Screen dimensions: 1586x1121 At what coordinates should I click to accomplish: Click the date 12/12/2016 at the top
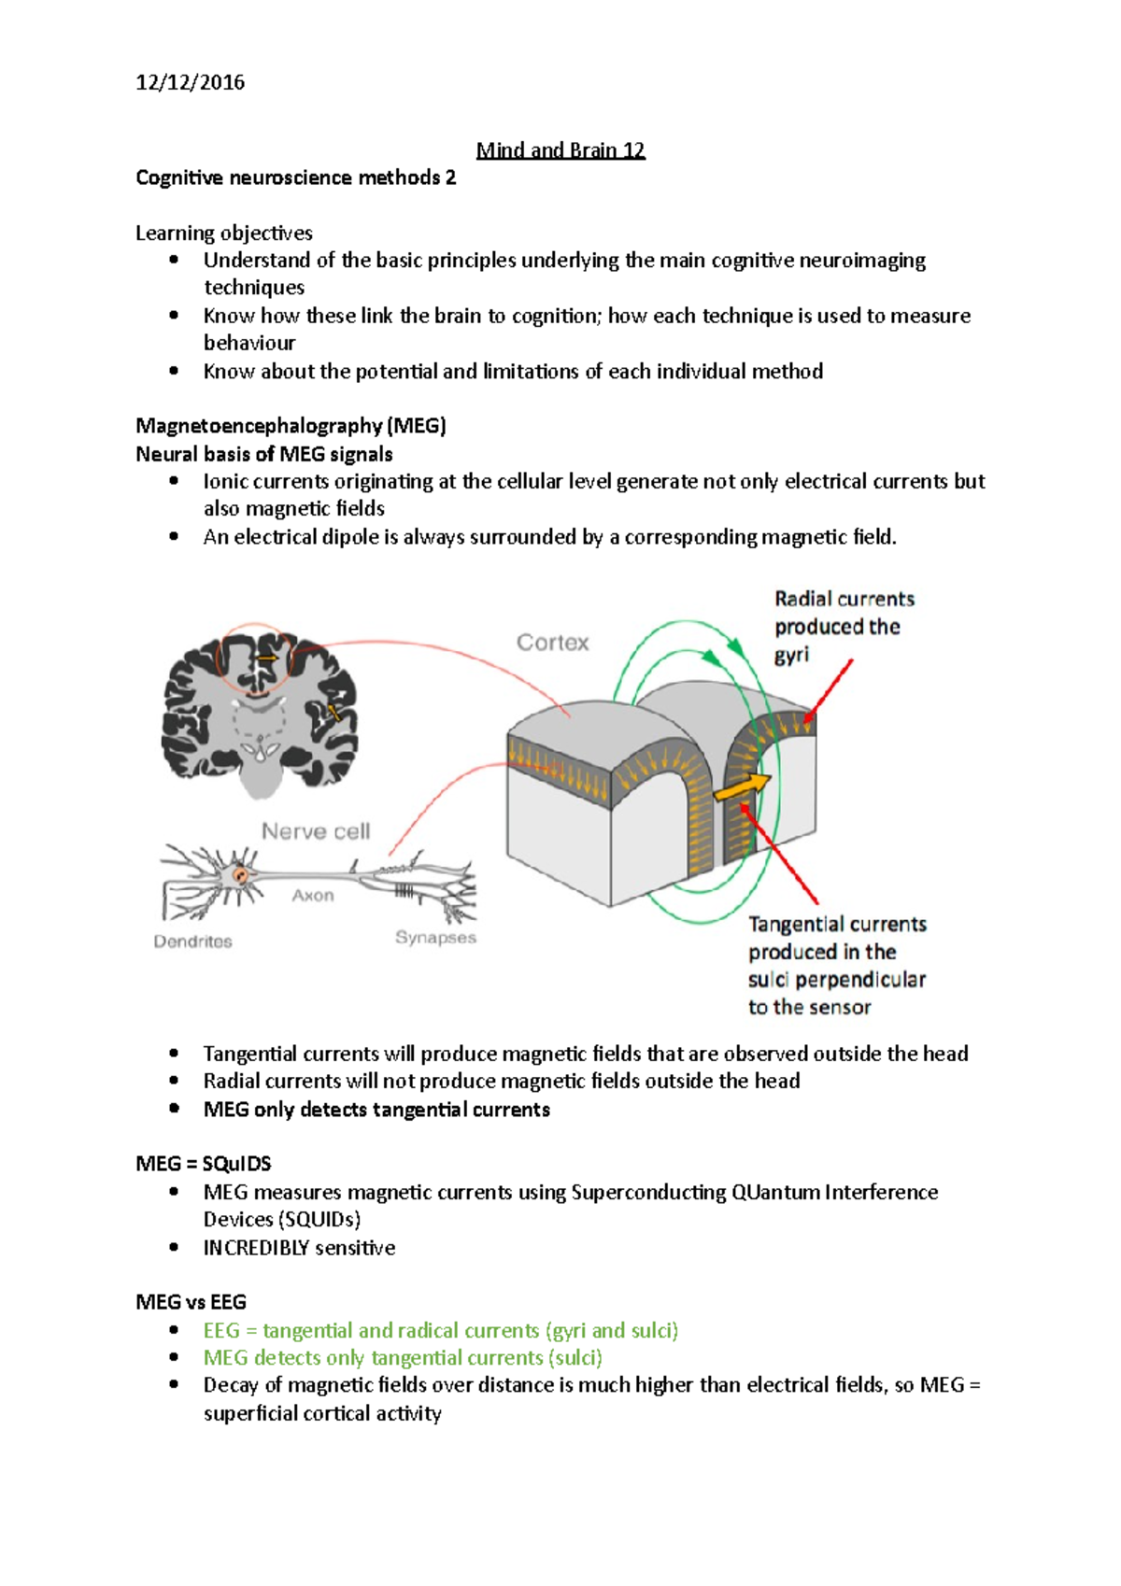coord(190,82)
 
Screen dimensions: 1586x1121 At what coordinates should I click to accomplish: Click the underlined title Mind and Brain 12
coord(560,150)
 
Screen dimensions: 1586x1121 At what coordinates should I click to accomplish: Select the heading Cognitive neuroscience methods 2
coord(295,177)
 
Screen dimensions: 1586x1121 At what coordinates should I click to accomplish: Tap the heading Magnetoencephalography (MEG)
coord(291,426)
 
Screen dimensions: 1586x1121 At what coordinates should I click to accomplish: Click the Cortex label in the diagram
coord(552,643)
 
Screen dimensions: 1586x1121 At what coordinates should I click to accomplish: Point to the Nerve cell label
coord(315,831)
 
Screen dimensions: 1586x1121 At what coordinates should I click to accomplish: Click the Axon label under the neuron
coord(312,895)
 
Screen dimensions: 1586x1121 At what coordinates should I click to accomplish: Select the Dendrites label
coord(192,942)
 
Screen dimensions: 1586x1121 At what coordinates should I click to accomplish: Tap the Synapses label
coord(435,937)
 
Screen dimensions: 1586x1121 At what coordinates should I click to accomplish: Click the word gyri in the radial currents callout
coord(790,656)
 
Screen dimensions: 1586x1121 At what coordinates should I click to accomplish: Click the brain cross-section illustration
coord(260,710)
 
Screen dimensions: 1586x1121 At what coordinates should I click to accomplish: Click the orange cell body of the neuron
coord(241,875)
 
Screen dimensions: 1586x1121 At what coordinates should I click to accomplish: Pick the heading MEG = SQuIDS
coord(203,1164)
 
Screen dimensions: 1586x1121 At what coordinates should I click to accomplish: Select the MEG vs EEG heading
coord(191,1302)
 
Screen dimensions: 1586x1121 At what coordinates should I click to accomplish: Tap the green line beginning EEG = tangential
coord(440,1330)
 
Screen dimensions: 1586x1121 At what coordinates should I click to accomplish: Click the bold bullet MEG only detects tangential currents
coord(376,1110)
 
